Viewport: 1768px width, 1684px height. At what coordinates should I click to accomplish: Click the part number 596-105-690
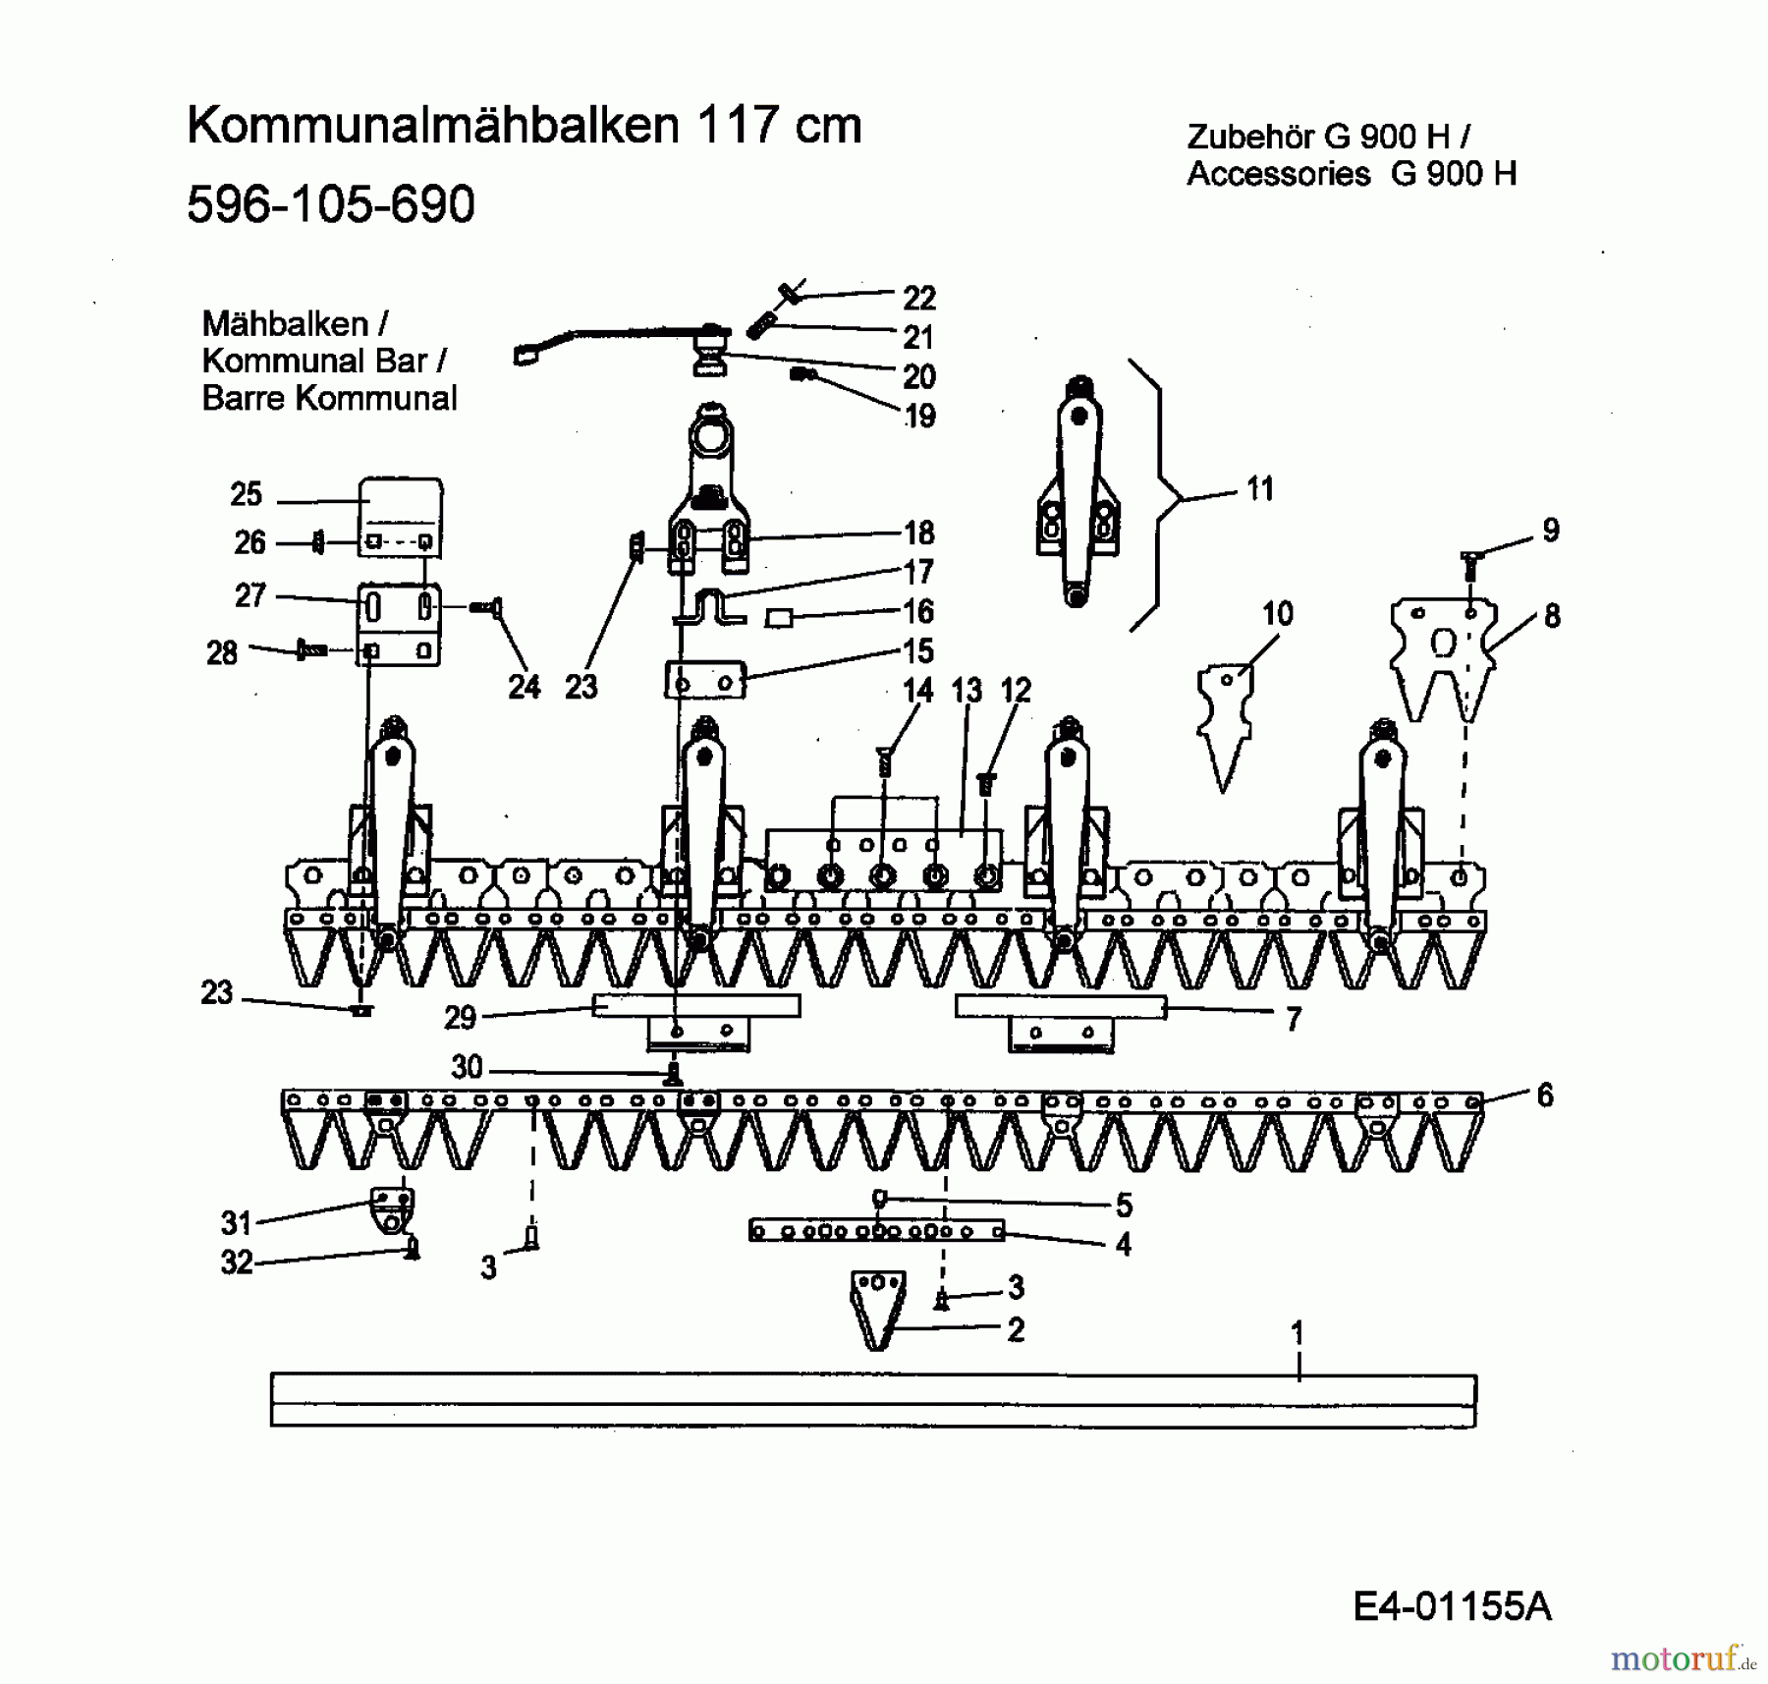pyautogui.click(x=330, y=204)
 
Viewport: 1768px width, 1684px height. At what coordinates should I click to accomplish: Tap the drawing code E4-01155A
pyautogui.click(x=1451, y=1605)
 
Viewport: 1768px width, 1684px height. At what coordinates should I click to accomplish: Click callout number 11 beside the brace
pyautogui.click(x=1259, y=488)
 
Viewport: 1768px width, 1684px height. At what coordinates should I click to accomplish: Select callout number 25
pyautogui.click(x=246, y=494)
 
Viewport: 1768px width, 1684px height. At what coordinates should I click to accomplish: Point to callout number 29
pyautogui.click(x=460, y=1017)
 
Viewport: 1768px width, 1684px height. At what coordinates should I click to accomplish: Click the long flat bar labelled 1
pyautogui.click(x=872, y=1400)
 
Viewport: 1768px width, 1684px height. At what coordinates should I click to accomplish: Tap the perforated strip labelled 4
pyautogui.click(x=876, y=1230)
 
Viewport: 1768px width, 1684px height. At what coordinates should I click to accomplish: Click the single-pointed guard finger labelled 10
pyautogui.click(x=1224, y=722)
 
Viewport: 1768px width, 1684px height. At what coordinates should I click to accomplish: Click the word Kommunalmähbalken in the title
pyautogui.click(x=432, y=126)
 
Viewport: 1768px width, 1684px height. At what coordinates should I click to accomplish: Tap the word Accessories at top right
pyautogui.click(x=1278, y=174)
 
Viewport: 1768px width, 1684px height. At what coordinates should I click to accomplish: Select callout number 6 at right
pyautogui.click(x=1544, y=1095)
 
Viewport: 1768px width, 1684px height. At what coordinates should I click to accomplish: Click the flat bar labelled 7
pyautogui.click(x=1060, y=1008)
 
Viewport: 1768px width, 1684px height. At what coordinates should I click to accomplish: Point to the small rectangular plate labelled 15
pyautogui.click(x=705, y=680)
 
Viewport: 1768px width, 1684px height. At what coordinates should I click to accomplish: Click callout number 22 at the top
pyautogui.click(x=918, y=298)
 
